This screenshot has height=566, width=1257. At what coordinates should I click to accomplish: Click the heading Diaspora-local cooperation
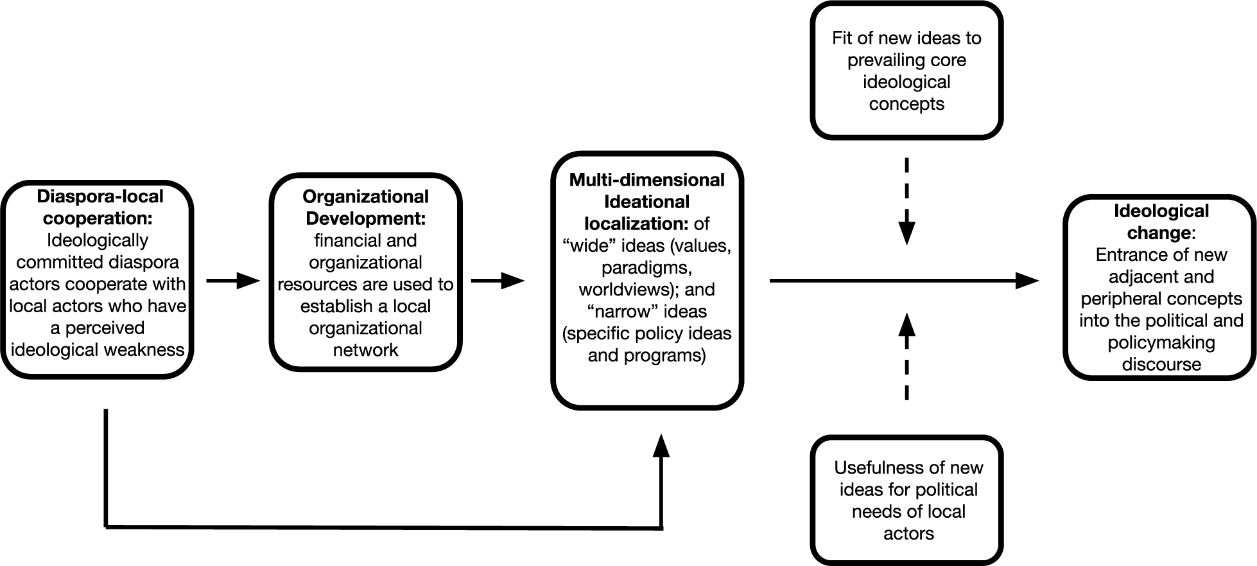[x=99, y=208]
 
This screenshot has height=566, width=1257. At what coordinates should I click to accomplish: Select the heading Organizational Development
[x=365, y=208]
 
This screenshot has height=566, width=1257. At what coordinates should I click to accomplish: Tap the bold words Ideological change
[x=1161, y=222]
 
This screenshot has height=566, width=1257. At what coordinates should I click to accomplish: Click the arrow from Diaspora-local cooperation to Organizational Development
[x=232, y=281]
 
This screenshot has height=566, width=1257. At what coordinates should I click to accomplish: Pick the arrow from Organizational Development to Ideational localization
[x=498, y=281]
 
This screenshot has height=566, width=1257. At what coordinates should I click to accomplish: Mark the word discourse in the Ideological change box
[x=1161, y=364]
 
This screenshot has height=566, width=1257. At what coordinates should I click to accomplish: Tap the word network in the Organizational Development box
[x=365, y=350]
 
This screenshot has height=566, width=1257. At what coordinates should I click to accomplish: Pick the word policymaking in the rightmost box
[x=1161, y=342]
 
